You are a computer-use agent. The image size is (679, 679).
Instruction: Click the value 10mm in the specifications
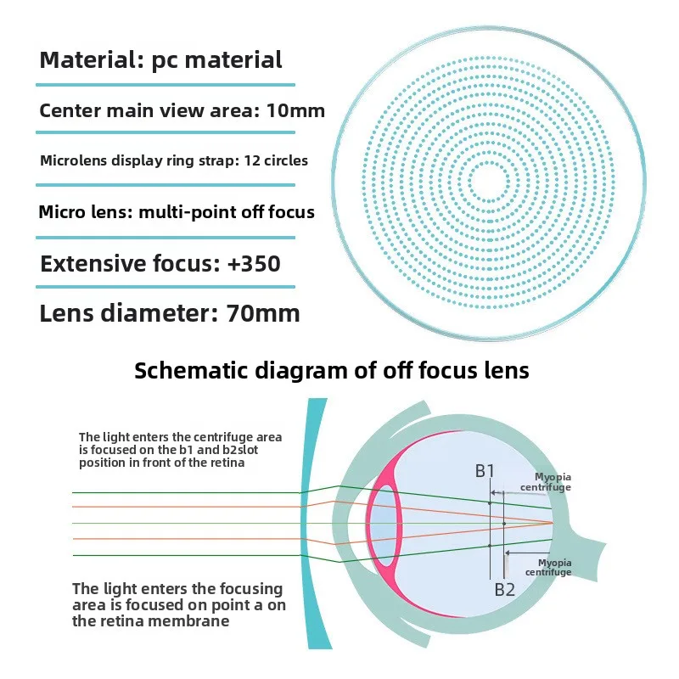point(295,110)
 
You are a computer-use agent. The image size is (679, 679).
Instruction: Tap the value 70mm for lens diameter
point(263,313)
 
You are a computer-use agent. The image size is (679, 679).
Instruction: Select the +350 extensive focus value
point(254,263)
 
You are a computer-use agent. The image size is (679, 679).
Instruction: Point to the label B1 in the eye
point(485,471)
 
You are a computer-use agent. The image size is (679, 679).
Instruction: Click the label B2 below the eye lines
point(504,589)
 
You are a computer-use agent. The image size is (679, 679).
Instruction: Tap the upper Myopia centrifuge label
point(546,482)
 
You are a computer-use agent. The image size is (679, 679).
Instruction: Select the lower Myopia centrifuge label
point(548,567)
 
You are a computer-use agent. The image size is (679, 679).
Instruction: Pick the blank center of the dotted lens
point(490,182)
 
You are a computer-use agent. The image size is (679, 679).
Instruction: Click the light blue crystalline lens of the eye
point(383,525)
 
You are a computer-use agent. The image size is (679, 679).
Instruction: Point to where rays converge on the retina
point(553,523)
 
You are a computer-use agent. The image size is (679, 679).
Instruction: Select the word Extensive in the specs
point(93,263)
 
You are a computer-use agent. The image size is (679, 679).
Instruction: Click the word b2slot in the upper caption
point(240,450)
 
